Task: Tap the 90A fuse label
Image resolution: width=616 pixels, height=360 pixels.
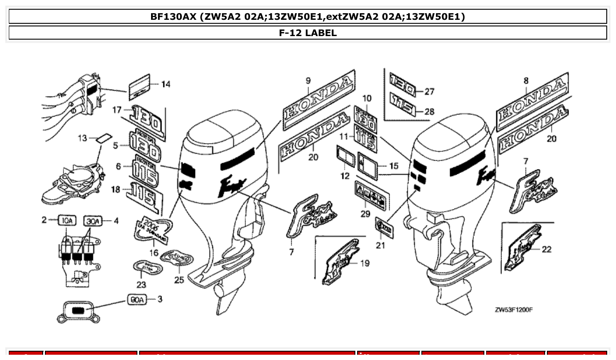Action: pyautogui.click(x=136, y=300)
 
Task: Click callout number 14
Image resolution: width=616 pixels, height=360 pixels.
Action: pyautogui.click(x=166, y=84)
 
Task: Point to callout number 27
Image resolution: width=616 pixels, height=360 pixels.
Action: pyautogui.click(x=429, y=92)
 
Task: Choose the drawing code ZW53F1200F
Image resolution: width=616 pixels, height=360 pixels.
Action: pyautogui.click(x=513, y=309)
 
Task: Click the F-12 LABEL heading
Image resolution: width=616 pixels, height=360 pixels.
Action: pyautogui.click(x=308, y=33)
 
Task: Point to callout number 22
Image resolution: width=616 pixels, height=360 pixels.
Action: pyautogui.click(x=546, y=250)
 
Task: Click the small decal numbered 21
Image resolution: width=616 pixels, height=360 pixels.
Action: pyautogui.click(x=383, y=226)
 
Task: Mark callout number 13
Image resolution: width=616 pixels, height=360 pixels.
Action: pyautogui.click(x=82, y=138)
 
